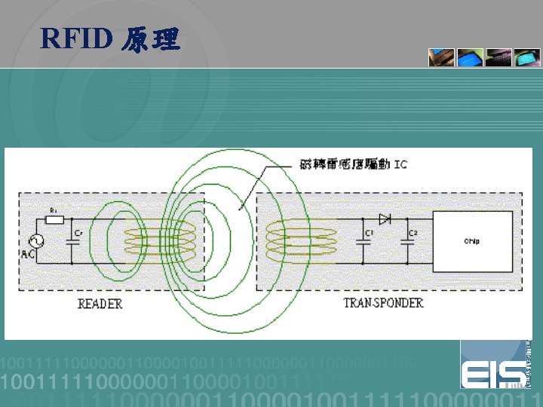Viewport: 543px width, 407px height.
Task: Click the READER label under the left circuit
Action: tap(100, 303)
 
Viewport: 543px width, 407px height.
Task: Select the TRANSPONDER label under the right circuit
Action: tap(383, 303)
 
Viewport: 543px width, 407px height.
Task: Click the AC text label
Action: tap(28, 255)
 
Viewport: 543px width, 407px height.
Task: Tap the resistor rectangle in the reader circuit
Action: tap(54, 219)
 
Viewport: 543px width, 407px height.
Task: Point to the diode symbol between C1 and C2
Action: tap(385, 219)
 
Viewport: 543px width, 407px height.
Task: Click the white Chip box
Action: tap(471, 241)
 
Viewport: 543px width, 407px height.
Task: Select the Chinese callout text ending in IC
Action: tap(353, 164)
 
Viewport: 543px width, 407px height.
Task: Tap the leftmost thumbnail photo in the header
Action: tap(442, 58)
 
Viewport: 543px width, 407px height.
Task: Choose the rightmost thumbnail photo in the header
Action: tap(526, 58)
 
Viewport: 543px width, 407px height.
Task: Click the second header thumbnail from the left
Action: tap(470, 58)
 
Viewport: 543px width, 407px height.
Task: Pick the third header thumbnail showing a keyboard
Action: tap(499, 58)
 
